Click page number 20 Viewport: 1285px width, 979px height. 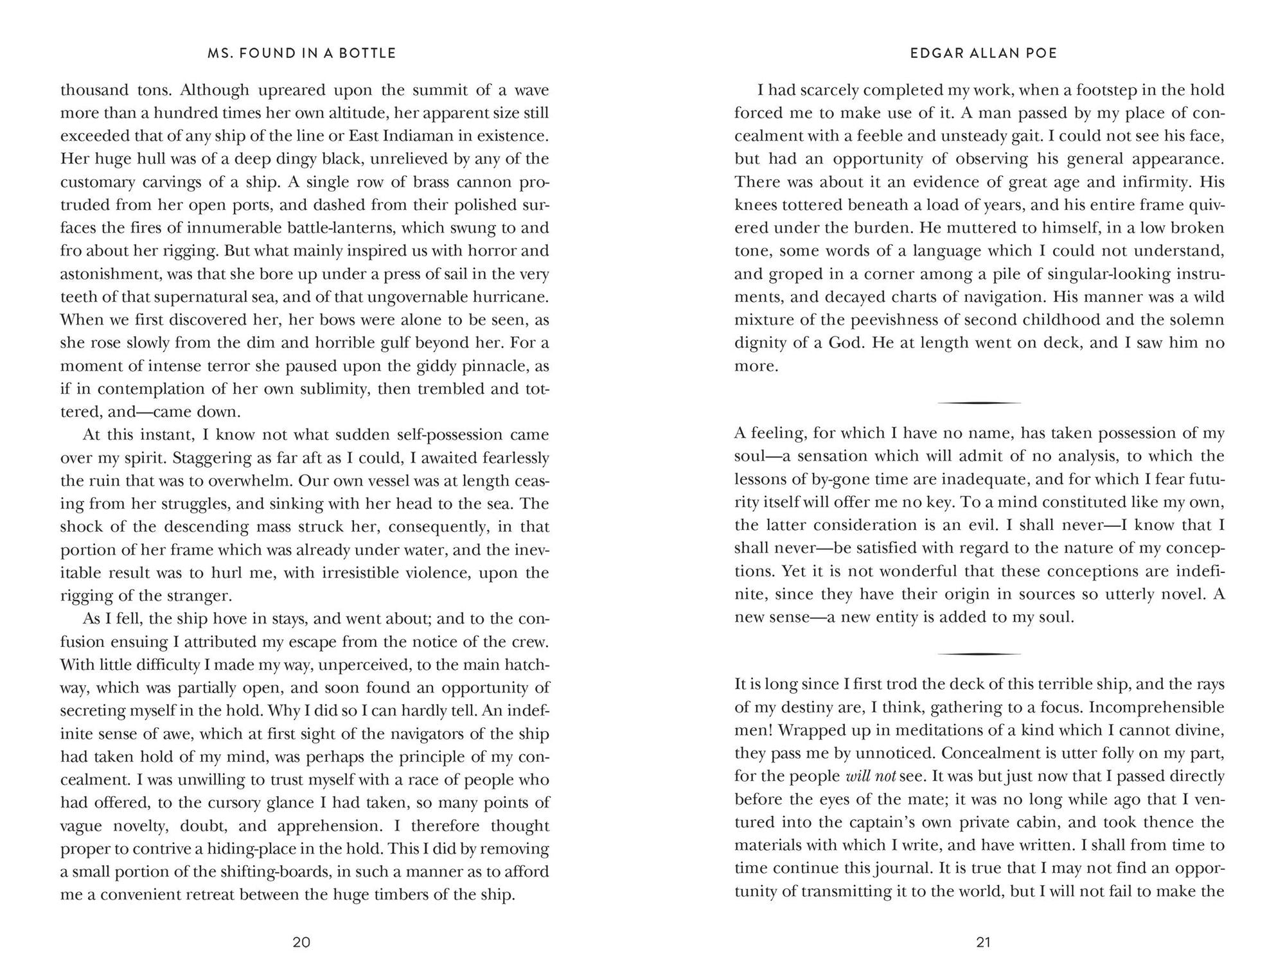pyautogui.click(x=301, y=942)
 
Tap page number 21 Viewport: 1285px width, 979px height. pyautogui.click(x=984, y=942)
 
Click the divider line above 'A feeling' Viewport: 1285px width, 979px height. pyautogui.click(x=979, y=403)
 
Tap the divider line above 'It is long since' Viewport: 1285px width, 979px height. pyautogui.click(x=979, y=654)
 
